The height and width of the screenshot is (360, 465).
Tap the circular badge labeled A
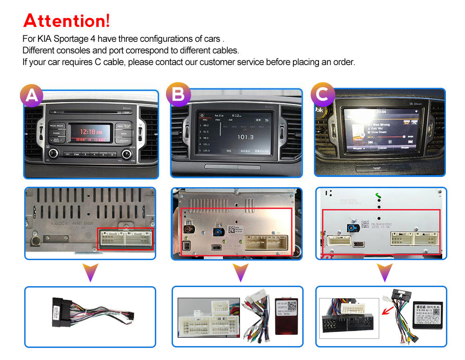coord(32,95)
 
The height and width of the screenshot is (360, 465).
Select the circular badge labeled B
coord(178,95)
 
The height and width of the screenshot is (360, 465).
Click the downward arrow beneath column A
coord(91,272)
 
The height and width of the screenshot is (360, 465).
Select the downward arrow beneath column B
coord(240,272)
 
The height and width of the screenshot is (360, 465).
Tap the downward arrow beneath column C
coord(385,272)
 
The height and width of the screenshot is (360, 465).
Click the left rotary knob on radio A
coord(54,153)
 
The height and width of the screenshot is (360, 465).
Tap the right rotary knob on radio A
coord(127,154)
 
